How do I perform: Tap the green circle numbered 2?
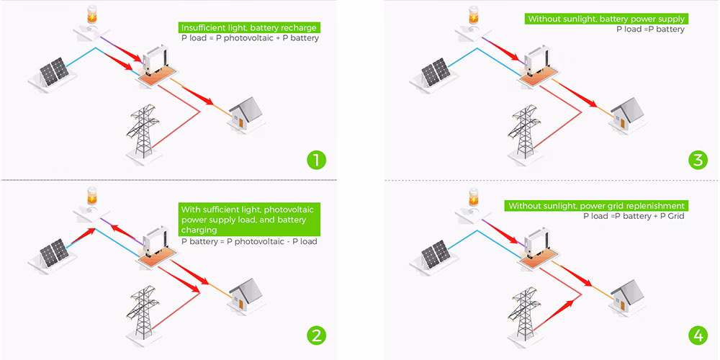point(314,334)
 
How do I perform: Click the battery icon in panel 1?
point(91,15)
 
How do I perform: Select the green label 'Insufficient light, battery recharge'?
point(249,27)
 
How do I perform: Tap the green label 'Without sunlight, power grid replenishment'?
point(596,206)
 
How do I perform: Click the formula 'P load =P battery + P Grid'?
point(634,215)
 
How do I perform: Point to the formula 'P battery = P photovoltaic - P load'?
point(249,241)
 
